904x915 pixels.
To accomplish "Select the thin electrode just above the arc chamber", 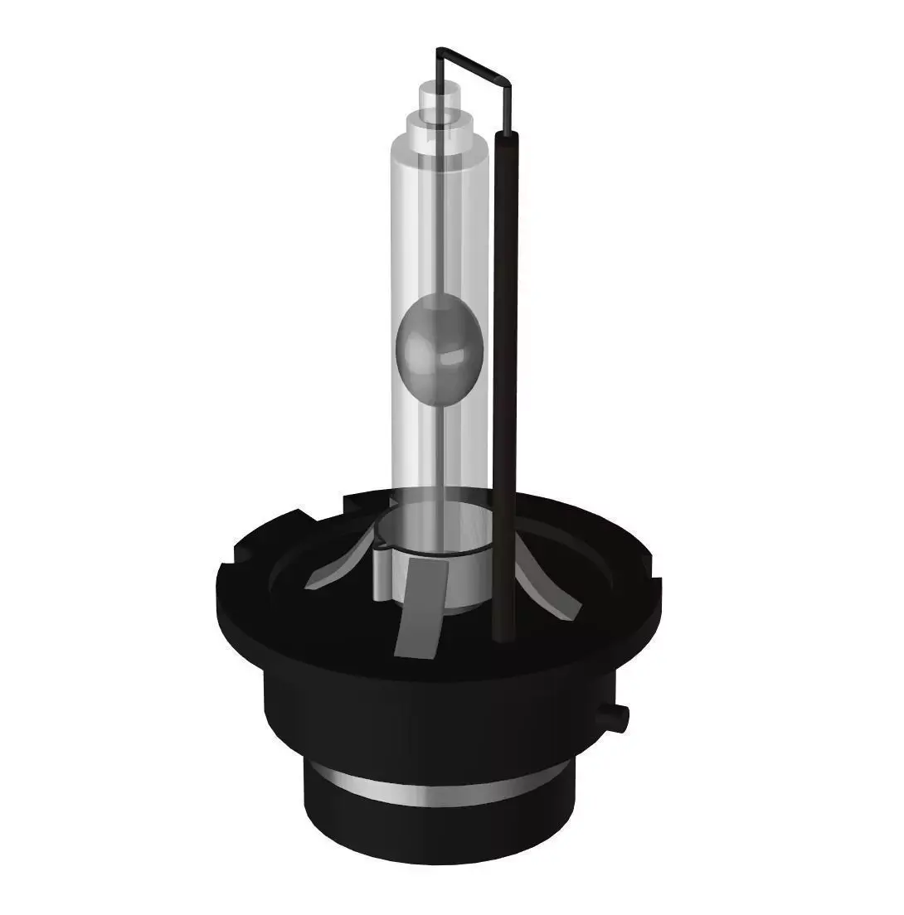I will [437, 249].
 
